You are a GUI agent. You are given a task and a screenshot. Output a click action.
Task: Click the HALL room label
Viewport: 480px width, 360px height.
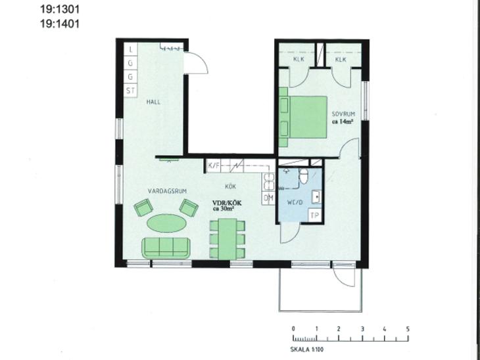(x=153, y=102)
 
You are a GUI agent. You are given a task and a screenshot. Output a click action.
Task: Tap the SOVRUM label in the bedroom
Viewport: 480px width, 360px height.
(x=343, y=114)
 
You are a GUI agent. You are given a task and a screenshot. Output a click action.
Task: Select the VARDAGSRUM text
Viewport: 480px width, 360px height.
(x=167, y=191)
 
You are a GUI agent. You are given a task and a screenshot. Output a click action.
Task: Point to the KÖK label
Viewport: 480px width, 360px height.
(x=231, y=187)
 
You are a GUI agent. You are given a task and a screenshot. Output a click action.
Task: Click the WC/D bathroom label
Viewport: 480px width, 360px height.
(x=295, y=202)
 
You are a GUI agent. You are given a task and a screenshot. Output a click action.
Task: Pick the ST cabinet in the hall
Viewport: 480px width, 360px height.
(x=130, y=91)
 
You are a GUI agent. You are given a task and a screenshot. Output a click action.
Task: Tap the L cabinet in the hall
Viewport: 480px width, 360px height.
(x=131, y=49)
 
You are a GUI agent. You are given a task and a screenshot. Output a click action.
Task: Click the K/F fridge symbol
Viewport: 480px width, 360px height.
(x=214, y=166)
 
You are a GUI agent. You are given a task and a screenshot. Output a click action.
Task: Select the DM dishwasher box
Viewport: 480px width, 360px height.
(x=268, y=198)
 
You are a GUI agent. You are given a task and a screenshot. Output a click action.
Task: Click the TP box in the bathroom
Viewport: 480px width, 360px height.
(x=315, y=215)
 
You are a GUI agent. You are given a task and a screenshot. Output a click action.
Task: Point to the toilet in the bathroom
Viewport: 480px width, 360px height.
(x=303, y=176)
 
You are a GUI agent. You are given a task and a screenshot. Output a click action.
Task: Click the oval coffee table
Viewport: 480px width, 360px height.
(x=167, y=223)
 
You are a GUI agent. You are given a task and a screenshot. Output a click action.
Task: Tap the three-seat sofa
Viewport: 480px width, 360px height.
(x=166, y=248)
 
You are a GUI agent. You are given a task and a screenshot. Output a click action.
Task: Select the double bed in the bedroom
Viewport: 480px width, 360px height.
(x=303, y=117)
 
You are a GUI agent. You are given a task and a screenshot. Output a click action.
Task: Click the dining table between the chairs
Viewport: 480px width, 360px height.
(x=227, y=239)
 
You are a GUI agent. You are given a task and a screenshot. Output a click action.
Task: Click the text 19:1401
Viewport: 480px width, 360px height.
(x=60, y=24)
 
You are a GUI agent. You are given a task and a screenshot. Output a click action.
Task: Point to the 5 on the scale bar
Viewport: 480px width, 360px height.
(x=408, y=329)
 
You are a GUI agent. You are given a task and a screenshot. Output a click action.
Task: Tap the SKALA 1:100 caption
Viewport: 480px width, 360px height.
(x=306, y=349)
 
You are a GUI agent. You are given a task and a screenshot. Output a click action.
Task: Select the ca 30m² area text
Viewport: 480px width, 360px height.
(x=224, y=209)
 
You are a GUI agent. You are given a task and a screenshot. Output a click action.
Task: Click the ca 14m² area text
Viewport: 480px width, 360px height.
(x=343, y=122)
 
